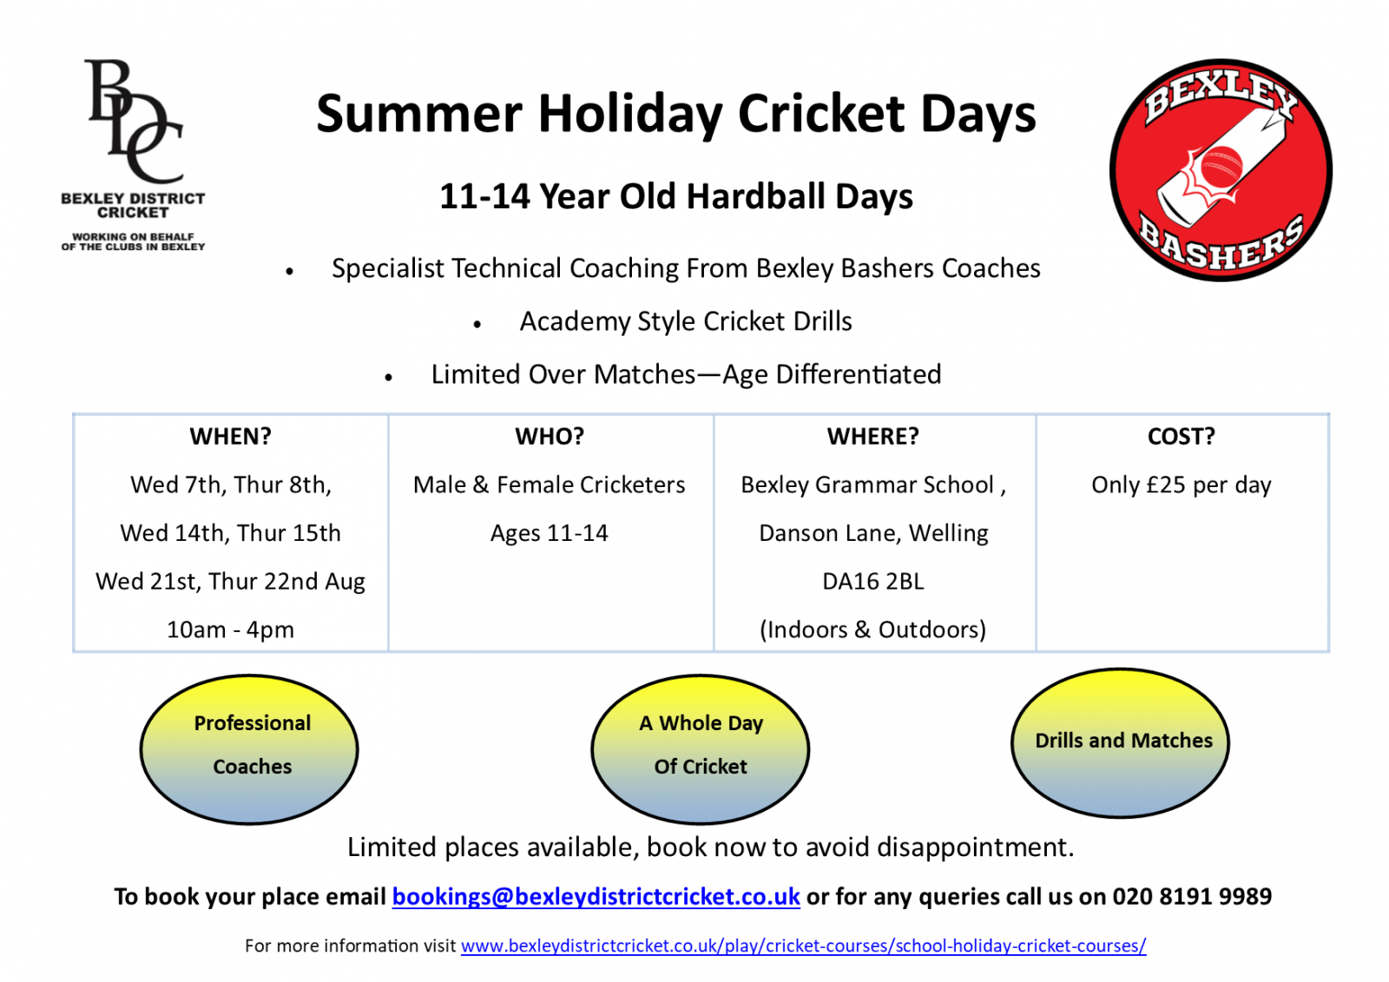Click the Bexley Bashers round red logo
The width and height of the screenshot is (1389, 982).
coord(1221,170)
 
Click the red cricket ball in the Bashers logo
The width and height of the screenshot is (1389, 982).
coord(1221,166)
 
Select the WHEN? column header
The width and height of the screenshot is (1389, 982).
coord(231,436)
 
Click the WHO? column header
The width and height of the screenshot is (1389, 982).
coord(550,436)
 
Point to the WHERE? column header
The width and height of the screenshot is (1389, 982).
coord(873,436)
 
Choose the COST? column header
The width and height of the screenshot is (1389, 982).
coord(1182,436)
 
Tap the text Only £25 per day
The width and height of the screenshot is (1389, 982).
coord(1182,484)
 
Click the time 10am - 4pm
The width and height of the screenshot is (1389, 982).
coord(231,629)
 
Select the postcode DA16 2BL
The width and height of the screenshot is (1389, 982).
coord(873,581)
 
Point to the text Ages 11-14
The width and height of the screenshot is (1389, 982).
coord(550,533)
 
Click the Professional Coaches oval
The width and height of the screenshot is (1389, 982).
coord(249,748)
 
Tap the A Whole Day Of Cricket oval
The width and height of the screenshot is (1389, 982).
coord(700,748)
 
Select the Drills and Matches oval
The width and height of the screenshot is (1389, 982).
coord(1120,742)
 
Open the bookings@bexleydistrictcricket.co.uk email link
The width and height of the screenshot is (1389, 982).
coord(596,896)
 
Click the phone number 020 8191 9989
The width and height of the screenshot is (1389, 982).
coord(1192,896)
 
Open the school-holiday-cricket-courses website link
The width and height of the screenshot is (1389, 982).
coord(804,946)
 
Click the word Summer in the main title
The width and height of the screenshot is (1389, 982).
coord(419,114)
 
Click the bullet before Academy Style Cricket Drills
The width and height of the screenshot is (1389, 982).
coord(477,324)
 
